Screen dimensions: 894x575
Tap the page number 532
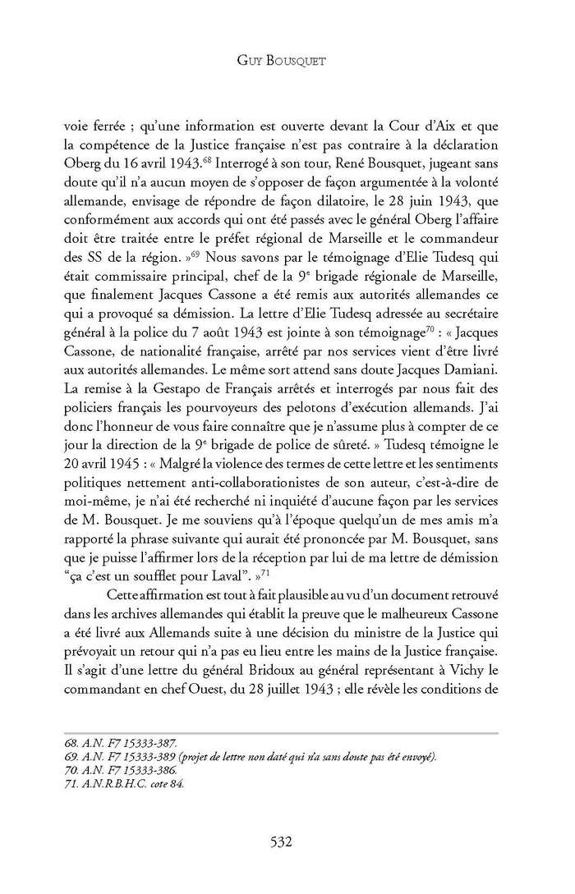287,841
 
